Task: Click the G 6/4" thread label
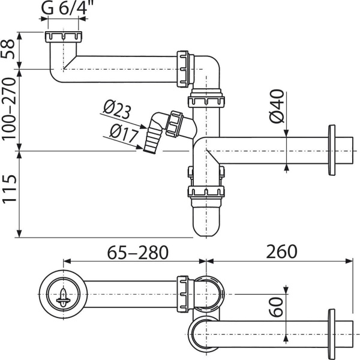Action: [68, 9]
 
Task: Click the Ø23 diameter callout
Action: [118, 110]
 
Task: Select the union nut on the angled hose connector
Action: [176, 122]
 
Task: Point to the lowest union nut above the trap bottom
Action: [206, 193]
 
